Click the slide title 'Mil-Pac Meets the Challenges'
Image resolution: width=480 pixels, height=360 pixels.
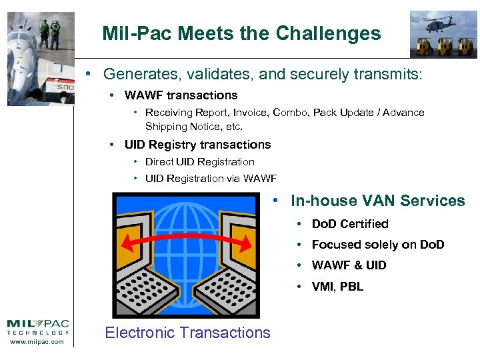[241, 33]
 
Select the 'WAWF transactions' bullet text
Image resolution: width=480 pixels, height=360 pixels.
[181, 95]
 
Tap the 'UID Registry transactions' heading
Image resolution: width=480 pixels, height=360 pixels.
[197, 145]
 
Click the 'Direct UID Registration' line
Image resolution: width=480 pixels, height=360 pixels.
[199, 162]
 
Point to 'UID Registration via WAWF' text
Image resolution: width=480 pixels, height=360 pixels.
[210, 179]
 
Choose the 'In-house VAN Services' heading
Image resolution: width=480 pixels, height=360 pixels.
[377, 201]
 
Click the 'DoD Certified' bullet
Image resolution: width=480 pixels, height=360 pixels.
[349, 224]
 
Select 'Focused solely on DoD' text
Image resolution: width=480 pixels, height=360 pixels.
[377, 245]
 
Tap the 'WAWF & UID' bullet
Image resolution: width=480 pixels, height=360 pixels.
[349, 265]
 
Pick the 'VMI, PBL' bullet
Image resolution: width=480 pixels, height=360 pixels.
[337, 287]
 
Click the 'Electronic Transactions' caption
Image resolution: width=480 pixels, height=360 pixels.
[187, 333]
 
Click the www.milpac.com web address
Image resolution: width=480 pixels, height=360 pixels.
[38, 342]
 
